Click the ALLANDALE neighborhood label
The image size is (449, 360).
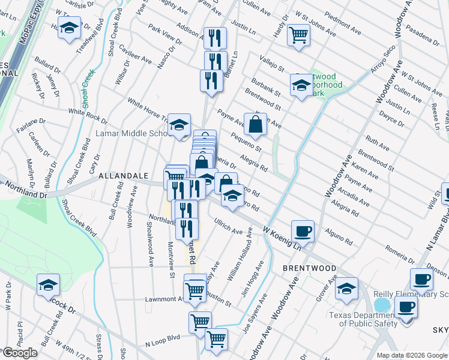point(123,175)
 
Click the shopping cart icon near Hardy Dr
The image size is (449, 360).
point(298,34)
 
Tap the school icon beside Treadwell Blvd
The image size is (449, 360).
point(70,29)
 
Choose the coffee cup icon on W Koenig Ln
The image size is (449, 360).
point(303,230)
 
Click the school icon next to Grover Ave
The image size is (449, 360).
point(346,288)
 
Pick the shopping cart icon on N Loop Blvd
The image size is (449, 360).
point(216,339)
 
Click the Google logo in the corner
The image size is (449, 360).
point(20,353)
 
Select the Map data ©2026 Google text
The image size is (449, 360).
point(411,355)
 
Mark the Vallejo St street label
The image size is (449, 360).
point(272,64)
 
